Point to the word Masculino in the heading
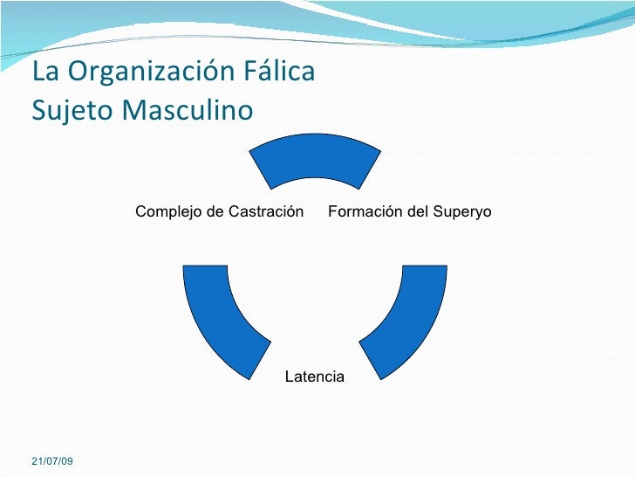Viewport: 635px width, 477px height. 187,112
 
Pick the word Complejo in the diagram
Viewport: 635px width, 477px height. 167,212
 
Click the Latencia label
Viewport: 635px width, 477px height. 314,377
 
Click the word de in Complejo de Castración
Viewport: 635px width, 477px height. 213,212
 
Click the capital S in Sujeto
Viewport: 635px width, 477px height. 38,112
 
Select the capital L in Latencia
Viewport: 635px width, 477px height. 288,377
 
